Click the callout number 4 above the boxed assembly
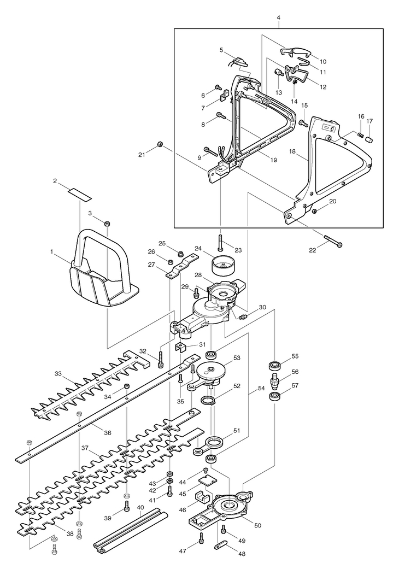click(x=278, y=17)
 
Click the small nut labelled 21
click(x=159, y=144)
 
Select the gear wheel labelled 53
click(x=210, y=373)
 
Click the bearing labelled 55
click(x=274, y=365)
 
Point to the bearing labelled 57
click(x=274, y=396)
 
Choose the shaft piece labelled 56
click(x=274, y=380)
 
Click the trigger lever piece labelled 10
click(x=296, y=52)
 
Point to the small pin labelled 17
click(x=369, y=139)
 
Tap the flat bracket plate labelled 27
click(x=183, y=267)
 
